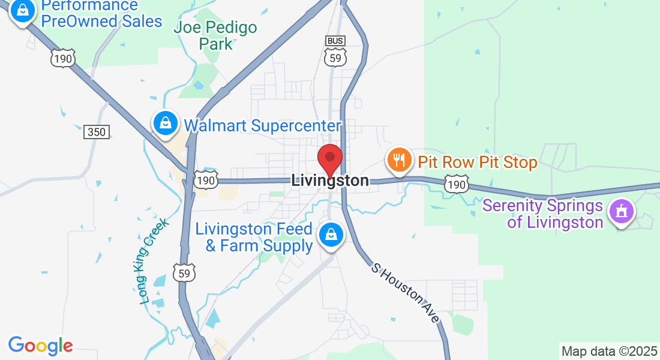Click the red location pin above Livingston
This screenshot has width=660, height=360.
coord(329,159)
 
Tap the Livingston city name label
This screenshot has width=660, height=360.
coord(329,181)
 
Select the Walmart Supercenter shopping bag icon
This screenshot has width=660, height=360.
coord(165,124)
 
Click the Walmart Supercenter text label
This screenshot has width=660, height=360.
coord(262,126)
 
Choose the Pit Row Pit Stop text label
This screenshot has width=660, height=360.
coord(477,162)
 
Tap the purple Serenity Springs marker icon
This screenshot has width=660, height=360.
coord(621,212)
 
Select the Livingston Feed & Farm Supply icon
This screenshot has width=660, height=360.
coord(331,235)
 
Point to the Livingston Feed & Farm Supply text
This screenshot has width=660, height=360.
coord(255,237)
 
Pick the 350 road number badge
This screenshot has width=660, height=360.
coord(97,133)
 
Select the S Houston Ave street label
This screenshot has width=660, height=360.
coord(405,293)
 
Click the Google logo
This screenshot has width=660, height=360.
coord(40,346)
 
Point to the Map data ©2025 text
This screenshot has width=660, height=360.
coord(609,351)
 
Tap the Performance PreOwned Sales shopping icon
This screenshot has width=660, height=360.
coord(22,11)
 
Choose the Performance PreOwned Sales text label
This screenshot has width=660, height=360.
coord(101,13)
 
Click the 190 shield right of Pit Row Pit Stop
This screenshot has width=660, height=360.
coord(456,184)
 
